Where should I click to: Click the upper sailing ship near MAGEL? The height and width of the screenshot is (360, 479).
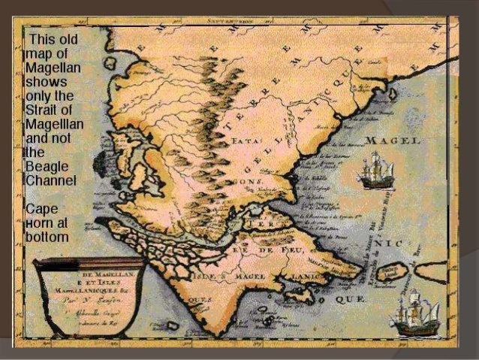pos(375,171)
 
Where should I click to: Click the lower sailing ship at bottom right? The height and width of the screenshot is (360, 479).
pos(414,313)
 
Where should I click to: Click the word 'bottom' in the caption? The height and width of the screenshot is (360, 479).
pos(47,237)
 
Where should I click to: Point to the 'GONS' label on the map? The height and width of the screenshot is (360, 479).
pos(247,183)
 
